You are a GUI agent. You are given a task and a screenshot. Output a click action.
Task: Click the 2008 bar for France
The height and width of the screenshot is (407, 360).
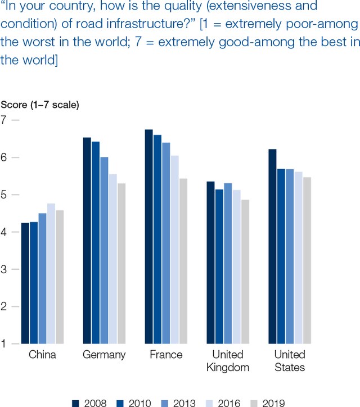[x=148, y=236]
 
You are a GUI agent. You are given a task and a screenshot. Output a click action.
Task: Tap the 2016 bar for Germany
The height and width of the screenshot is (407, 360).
[x=112, y=259]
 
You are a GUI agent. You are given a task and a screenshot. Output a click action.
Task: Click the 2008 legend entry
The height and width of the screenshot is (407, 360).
[x=90, y=403]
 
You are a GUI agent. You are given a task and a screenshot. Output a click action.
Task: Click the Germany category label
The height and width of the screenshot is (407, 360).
[x=104, y=355]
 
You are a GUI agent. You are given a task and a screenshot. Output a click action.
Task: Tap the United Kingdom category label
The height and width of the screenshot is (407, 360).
[x=228, y=361]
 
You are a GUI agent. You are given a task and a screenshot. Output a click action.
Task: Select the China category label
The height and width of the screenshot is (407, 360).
[x=42, y=355]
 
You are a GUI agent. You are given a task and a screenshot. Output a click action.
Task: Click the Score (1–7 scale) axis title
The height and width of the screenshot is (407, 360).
[x=40, y=105]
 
